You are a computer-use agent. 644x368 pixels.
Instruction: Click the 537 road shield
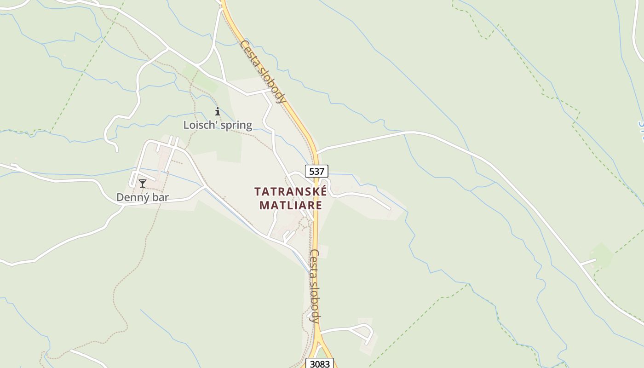pyautogui.click(x=316, y=172)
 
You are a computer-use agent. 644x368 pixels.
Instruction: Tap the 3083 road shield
pyautogui.click(x=320, y=364)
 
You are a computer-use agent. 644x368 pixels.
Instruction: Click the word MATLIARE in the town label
pyautogui.click(x=290, y=205)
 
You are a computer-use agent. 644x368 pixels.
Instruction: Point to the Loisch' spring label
pyautogui.click(x=218, y=125)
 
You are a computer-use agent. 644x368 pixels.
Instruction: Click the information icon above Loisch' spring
pyautogui.click(x=218, y=111)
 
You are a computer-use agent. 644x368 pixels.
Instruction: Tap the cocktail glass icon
pyautogui.click(x=143, y=184)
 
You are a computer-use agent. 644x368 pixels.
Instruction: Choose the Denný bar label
pyautogui.click(x=142, y=198)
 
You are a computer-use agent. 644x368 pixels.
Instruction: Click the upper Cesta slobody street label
pyautogui.click(x=263, y=71)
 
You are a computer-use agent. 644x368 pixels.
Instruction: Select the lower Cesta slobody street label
pyautogui.click(x=315, y=286)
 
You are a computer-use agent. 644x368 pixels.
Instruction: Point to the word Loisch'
pyautogui.click(x=199, y=125)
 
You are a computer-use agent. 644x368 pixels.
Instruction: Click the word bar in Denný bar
pyautogui.click(x=161, y=198)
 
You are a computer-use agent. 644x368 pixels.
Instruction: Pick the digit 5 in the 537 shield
pyautogui.click(x=312, y=172)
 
